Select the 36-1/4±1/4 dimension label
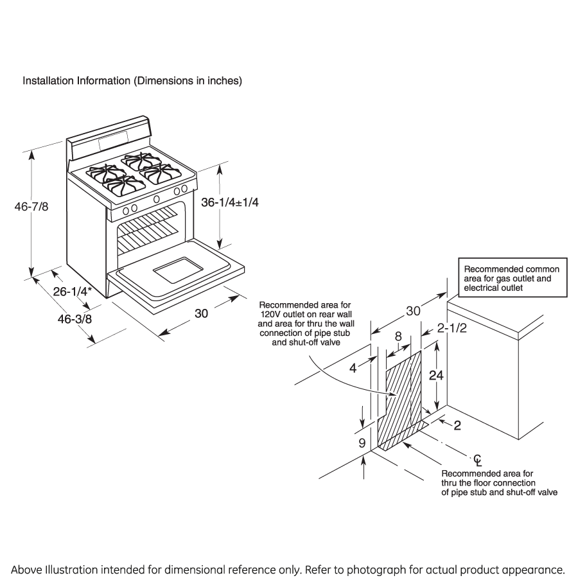point(230,202)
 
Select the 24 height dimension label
point(436,376)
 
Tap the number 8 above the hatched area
point(398,336)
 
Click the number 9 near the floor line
point(362,442)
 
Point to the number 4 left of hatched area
point(352,369)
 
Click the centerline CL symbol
point(477,459)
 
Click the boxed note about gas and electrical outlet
point(512,279)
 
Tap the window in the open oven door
point(175,270)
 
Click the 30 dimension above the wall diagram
point(413,311)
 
